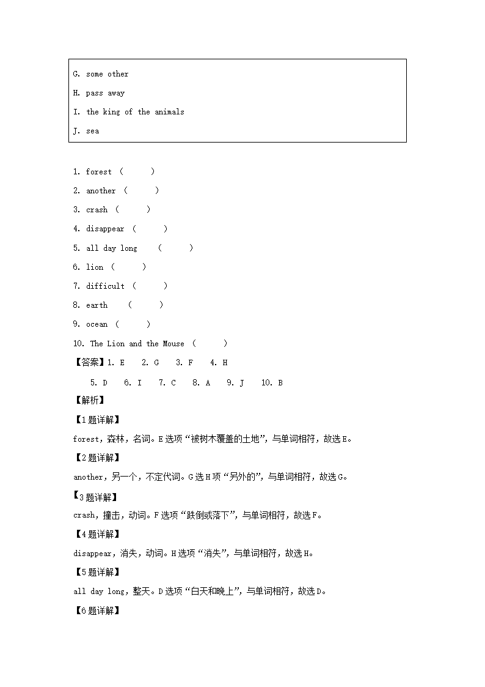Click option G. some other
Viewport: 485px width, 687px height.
(x=101, y=74)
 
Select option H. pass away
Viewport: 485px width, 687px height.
(x=99, y=93)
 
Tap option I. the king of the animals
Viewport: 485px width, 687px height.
(x=128, y=112)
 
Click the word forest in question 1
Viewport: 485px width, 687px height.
(x=99, y=172)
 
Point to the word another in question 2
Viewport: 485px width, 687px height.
(x=101, y=191)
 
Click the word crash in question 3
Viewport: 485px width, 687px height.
(x=97, y=210)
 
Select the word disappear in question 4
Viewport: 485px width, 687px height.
(x=105, y=229)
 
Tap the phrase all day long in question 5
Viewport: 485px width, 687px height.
(x=112, y=248)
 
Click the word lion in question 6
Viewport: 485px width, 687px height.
(x=95, y=267)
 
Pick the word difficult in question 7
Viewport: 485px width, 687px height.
(x=105, y=286)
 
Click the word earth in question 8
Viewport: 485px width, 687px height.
(x=97, y=305)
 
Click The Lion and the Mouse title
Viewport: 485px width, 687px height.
(x=137, y=344)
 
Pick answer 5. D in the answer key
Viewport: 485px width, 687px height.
(x=99, y=383)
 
